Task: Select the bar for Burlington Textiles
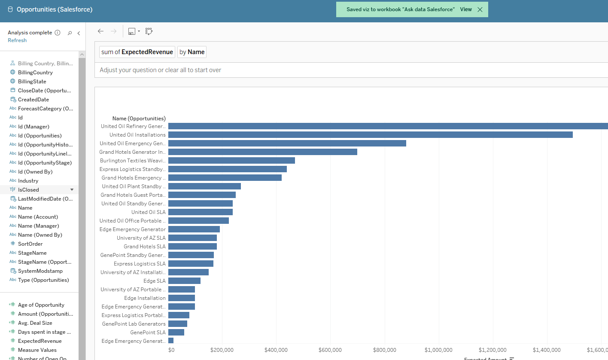[x=231, y=161]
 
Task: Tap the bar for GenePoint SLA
[x=176, y=333]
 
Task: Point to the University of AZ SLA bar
[x=192, y=238]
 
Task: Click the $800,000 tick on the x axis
[x=385, y=350]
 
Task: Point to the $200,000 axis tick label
[x=222, y=350]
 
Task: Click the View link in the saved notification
[x=466, y=9]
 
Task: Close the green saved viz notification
[x=480, y=9]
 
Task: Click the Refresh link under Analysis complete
[x=17, y=40]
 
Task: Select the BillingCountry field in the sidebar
[x=35, y=73]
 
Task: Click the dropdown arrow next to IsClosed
[x=72, y=189]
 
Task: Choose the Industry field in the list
[x=28, y=181]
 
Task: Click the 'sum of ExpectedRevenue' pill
[x=137, y=52]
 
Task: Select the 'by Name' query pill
[x=192, y=52]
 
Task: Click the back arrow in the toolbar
[x=100, y=31]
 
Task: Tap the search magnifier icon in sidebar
[x=70, y=33]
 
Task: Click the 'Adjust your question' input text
[x=160, y=70]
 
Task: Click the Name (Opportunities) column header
[x=139, y=119]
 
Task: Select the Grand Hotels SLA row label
[x=144, y=247]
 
